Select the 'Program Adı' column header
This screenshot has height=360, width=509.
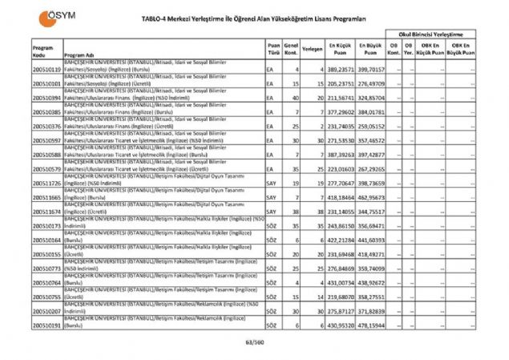78,55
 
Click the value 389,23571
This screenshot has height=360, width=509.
341,70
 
